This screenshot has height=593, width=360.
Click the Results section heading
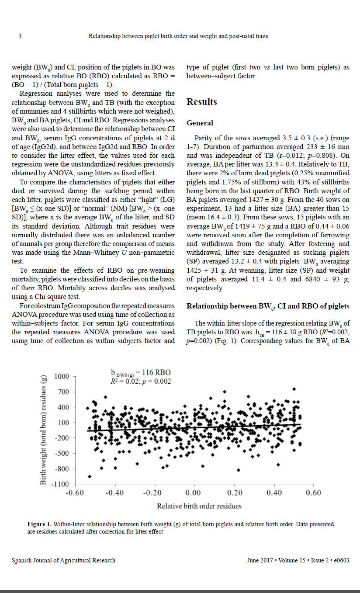201,102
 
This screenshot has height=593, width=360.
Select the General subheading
200,123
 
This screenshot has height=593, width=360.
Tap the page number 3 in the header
20,36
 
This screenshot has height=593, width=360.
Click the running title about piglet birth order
178,36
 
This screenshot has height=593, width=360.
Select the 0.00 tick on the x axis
194,493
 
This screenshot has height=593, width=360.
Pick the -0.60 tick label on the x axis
74,493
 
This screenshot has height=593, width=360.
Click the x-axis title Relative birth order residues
199,506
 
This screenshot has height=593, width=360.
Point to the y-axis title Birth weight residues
43,430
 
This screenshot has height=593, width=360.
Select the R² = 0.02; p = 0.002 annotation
141,381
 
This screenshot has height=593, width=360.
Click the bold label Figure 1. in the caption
39,524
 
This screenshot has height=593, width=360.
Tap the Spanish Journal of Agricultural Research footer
63,560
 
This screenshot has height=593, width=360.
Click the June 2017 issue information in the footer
298,560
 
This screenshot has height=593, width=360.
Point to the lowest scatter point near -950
90,476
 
